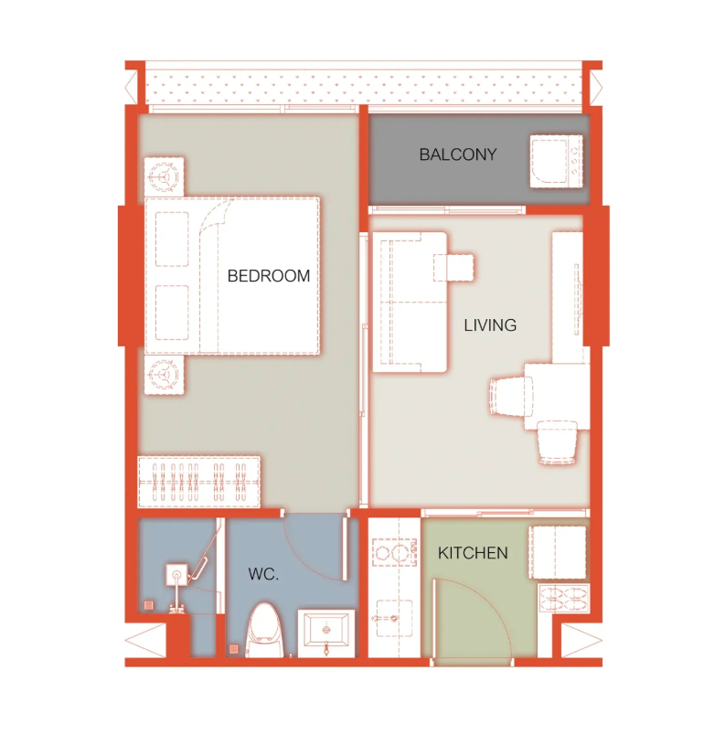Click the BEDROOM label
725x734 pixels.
point(269,276)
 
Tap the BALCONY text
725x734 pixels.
point(457,154)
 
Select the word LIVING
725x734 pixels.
point(490,324)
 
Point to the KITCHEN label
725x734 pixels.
point(473,553)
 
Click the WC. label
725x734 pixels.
point(263,574)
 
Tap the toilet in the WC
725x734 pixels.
point(265,631)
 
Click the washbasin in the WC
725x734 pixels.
point(326,633)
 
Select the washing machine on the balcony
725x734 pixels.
point(557,162)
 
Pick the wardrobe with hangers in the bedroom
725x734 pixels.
point(199,482)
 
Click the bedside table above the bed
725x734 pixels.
point(164,177)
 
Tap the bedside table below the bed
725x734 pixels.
point(164,375)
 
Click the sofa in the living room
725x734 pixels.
point(410,303)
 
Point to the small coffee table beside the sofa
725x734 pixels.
point(453,268)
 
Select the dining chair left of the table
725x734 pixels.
point(511,397)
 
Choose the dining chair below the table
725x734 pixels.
point(558,442)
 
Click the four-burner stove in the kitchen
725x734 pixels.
point(564,599)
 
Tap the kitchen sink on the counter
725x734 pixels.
point(394,619)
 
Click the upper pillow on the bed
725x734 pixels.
point(172,239)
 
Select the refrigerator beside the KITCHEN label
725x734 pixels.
point(558,552)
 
